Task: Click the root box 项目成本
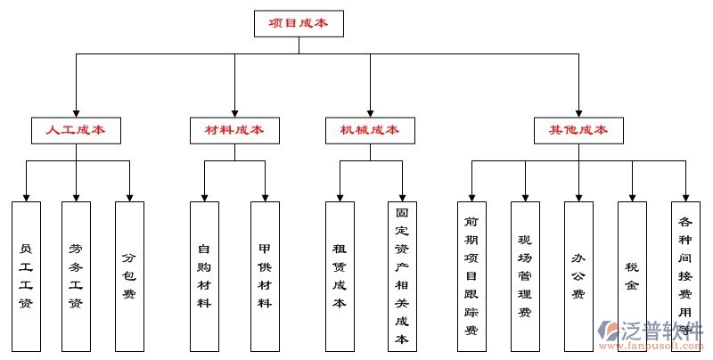(x=299, y=23)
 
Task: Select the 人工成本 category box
(x=76, y=130)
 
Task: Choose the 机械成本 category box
(x=369, y=130)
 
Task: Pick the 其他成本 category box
(x=578, y=130)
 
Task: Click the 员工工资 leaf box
(x=26, y=276)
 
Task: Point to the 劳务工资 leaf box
(x=76, y=276)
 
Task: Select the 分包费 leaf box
(x=129, y=276)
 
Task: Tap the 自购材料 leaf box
(x=204, y=276)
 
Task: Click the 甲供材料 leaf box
(x=265, y=276)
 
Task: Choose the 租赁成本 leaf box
(x=340, y=276)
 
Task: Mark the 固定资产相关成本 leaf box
(x=402, y=276)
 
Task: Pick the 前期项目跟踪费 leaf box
(x=471, y=276)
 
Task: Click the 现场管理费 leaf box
(x=525, y=276)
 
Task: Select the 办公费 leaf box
(x=578, y=276)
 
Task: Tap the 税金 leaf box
(x=632, y=276)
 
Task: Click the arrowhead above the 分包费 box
(x=129, y=195)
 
